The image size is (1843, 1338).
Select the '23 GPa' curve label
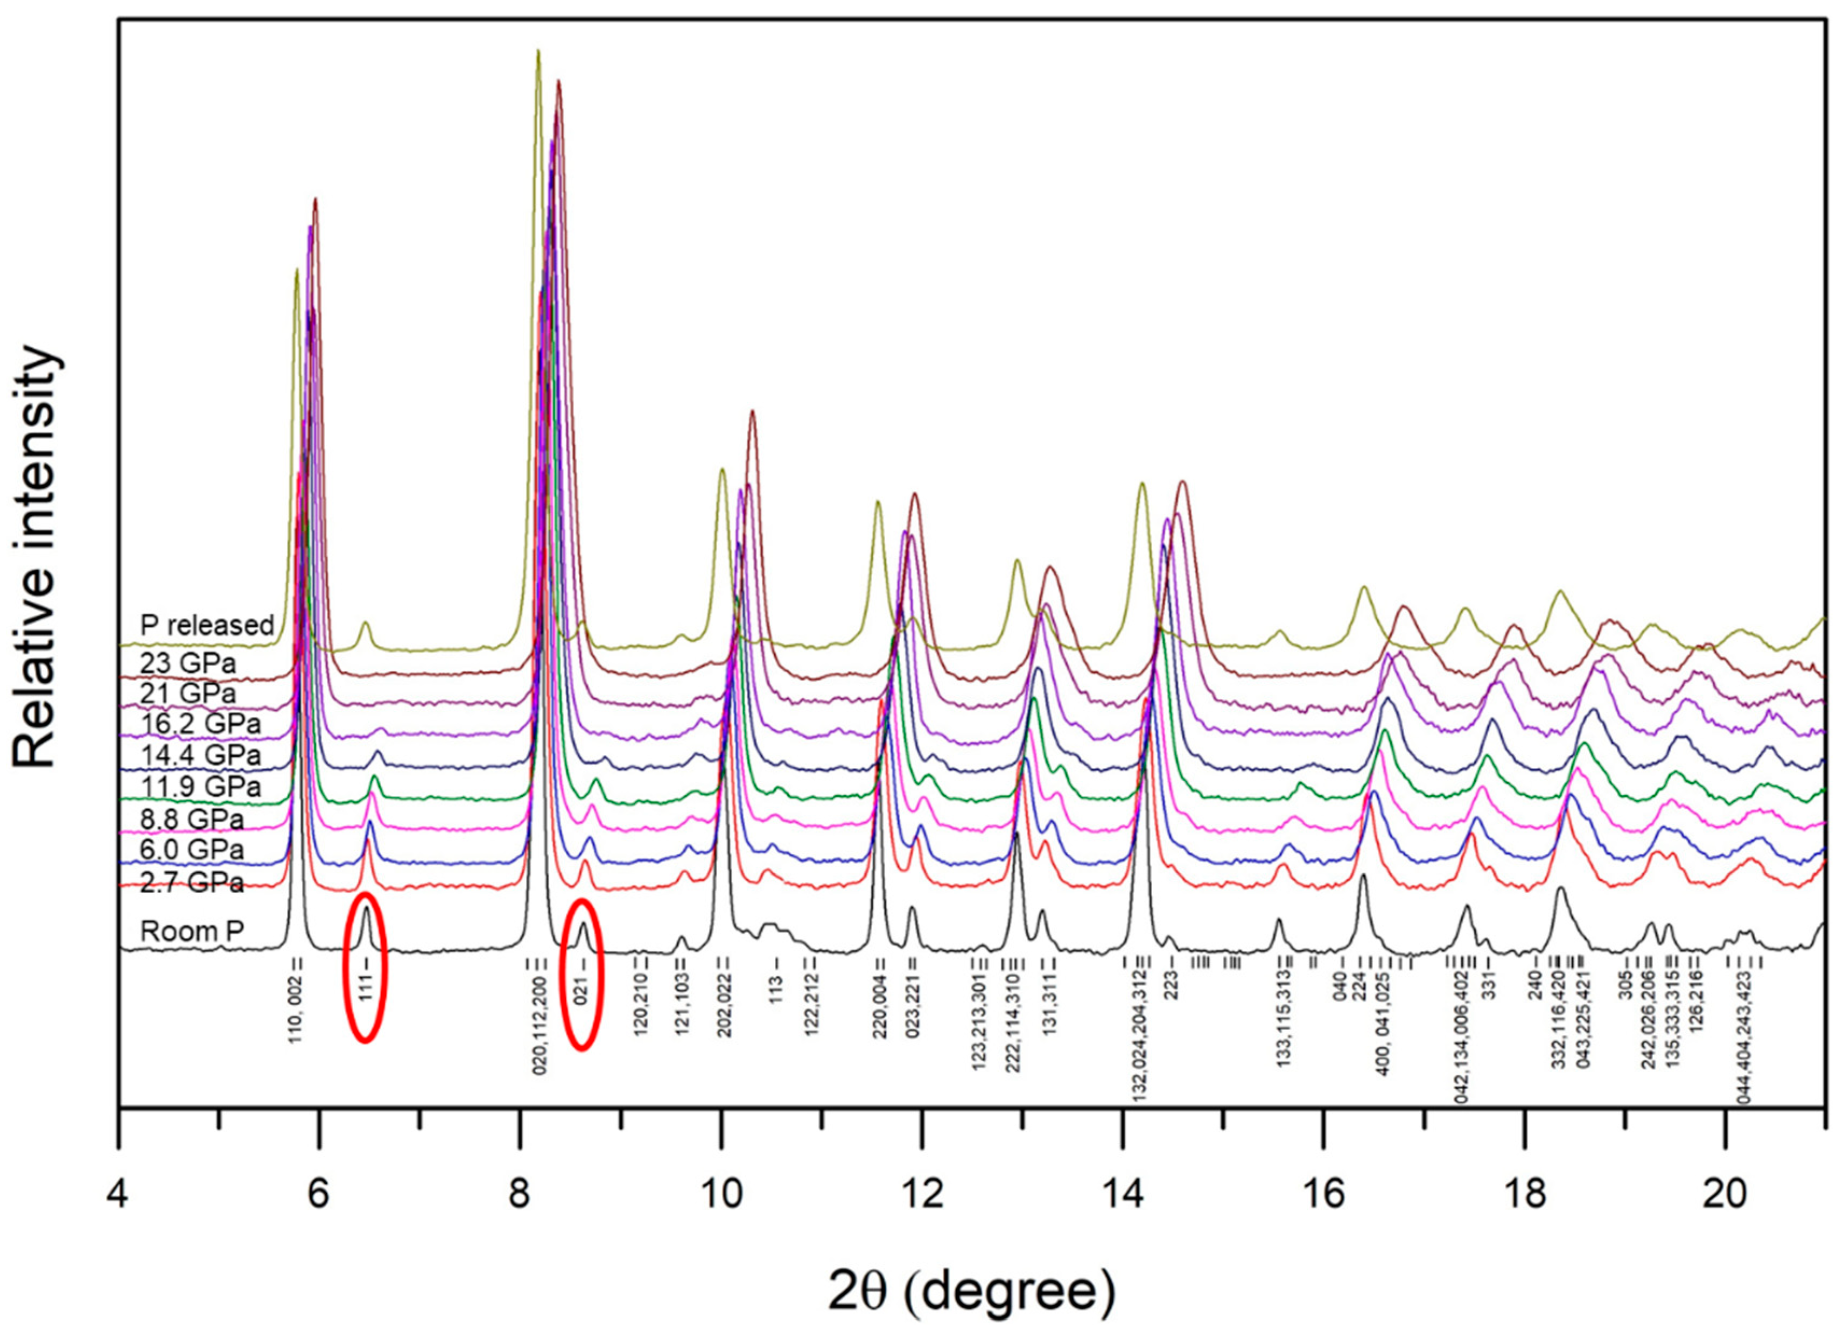pyautogui.click(x=188, y=663)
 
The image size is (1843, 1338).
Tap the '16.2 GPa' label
pyautogui.click(x=200, y=724)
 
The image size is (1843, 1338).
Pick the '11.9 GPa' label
pyautogui.click(x=200, y=787)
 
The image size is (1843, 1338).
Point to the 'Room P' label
pyautogui.click(x=192, y=931)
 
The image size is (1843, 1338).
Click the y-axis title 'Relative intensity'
pyautogui.click(x=37, y=557)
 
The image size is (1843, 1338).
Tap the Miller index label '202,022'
pyautogui.click(x=724, y=1006)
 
